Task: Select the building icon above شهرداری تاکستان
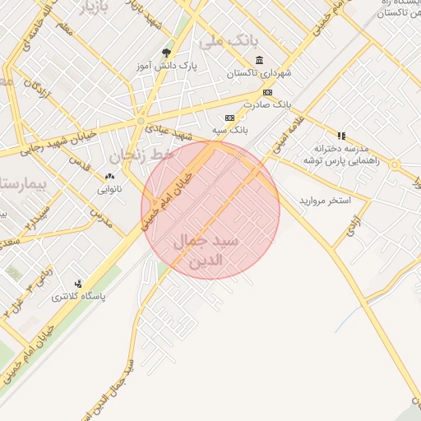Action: (260, 60)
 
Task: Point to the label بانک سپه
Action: (230, 130)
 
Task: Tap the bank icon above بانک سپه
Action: (229, 118)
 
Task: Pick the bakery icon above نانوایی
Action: (110, 176)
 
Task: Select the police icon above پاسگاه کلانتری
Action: (79, 283)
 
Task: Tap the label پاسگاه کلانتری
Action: (79, 296)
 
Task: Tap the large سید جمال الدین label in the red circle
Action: (208, 252)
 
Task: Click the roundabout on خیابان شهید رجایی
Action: (141, 121)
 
